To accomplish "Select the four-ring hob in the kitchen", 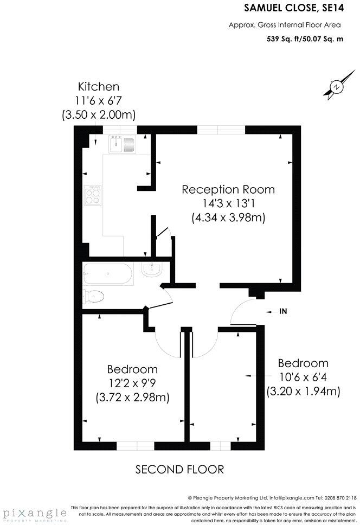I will (x=92, y=194).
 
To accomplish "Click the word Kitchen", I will (x=99, y=87).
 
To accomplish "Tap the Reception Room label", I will (x=228, y=190).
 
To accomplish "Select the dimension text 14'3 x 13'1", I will (x=228, y=204).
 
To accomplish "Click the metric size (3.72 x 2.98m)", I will (x=133, y=397).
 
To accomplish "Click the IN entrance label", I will (x=282, y=311).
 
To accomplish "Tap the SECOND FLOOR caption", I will (x=179, y=469).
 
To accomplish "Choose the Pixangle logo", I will (x=33, y=513).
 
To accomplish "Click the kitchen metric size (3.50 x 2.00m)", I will (x=99, y=115).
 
